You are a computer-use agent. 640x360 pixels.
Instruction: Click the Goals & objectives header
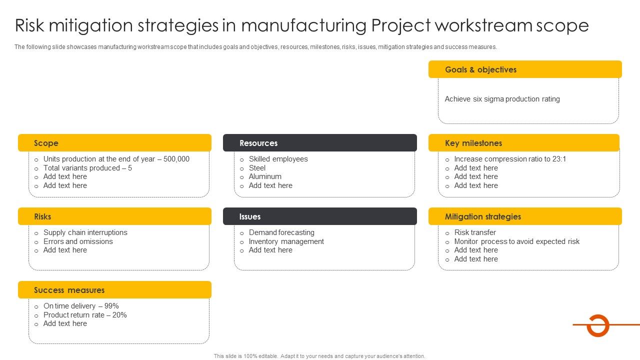525,69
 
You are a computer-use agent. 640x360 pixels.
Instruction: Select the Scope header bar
114,143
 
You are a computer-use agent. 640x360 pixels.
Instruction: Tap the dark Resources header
319,143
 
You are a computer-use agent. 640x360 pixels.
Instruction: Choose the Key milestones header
523,143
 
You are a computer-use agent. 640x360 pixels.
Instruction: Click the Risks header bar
114,216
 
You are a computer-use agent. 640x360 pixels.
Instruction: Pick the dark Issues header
319,216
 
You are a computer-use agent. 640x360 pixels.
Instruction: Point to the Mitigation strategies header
525,216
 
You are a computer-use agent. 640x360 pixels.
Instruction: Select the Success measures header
114,290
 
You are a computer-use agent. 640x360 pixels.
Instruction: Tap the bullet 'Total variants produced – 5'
87,168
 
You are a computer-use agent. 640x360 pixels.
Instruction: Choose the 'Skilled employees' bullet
278,159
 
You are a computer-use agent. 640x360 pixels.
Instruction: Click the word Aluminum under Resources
265,176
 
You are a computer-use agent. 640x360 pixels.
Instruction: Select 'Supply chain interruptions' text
85,232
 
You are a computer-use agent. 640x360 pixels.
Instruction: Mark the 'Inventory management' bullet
286,241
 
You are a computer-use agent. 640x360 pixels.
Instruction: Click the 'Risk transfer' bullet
475,232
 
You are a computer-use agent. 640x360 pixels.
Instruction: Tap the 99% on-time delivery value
111,306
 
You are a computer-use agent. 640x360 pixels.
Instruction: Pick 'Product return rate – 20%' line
85,315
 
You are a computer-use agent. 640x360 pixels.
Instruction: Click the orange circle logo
597,325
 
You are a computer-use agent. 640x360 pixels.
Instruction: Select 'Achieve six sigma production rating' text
502,99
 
